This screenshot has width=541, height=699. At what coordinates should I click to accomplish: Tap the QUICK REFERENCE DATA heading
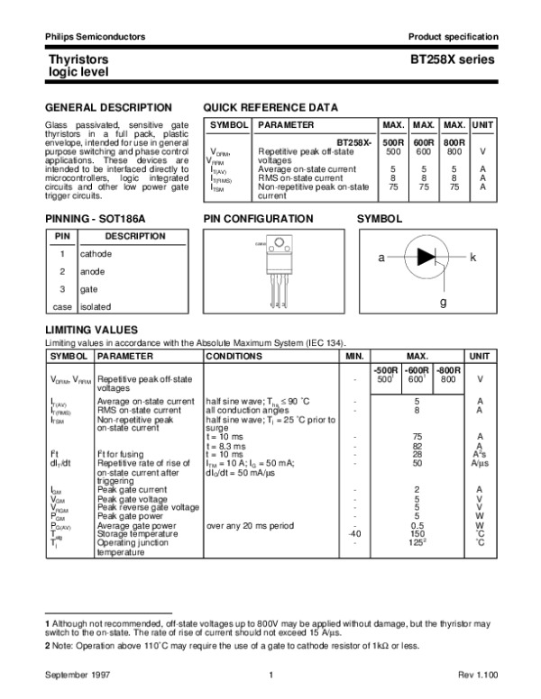[x=270, y=106]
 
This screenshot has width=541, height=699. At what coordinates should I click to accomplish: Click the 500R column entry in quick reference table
[x=393, y=143]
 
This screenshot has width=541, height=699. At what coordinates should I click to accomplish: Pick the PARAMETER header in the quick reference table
[x=287, y=124]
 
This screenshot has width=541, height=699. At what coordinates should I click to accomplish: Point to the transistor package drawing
[x=279, y=265]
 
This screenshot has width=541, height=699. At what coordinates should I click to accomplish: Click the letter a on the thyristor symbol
[x=381, y=258]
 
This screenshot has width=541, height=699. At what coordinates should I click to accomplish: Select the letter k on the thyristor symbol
[x=472, y=258]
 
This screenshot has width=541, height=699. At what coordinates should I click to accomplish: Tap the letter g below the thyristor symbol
[x=443, y=303]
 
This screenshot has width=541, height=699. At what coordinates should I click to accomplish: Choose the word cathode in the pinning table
[x=96, y=254]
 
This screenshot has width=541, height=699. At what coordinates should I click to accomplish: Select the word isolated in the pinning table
[x=96, y=306]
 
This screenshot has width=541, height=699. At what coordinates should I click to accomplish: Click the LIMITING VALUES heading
[x=91, y=331]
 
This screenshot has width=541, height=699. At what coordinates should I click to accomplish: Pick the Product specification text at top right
[x=453, y=36]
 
